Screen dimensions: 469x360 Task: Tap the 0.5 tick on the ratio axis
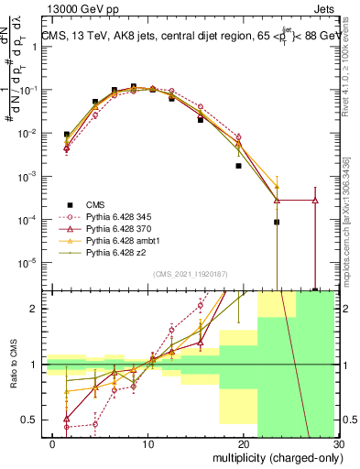(x=33, y=420)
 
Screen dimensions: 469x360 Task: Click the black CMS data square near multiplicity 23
(x=277, y=222)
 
